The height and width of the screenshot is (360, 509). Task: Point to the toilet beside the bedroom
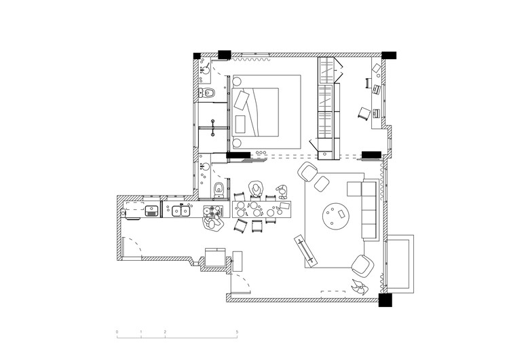pos(209,92)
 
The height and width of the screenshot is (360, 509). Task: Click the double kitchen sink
pos(180,211)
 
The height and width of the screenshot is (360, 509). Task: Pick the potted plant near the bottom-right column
pos(359,286)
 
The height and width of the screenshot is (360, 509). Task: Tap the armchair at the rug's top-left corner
pos(309,171)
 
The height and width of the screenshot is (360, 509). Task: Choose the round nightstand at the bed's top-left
pos(237,82)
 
